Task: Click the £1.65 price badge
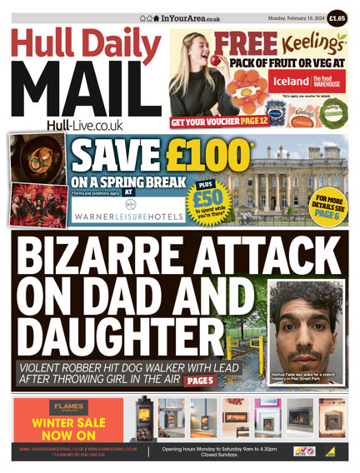pyautogui.click(x=337, y=17)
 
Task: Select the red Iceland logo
pyautogui.click(x=287, y=81)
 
